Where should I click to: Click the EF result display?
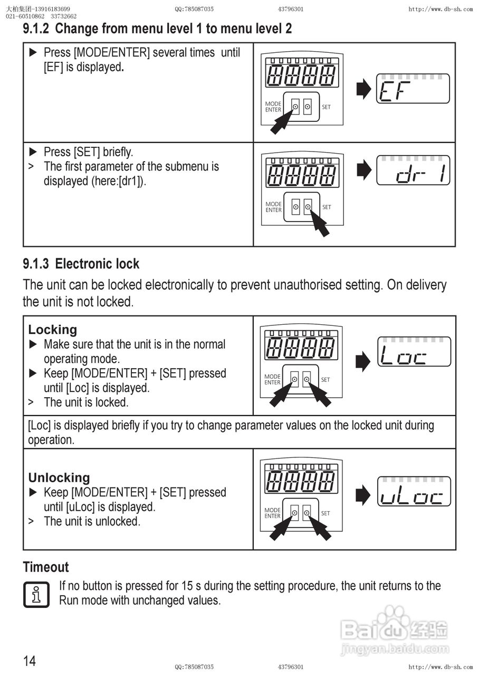(x=413, y=89)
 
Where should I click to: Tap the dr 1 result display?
(x=413, y=170)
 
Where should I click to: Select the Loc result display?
(x=414, y=352)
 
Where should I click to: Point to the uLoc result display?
(x=414, y=492)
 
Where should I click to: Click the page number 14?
(x=30, y=661)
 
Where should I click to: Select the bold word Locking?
(x=52, y=330)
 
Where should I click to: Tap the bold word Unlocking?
(x=59, y=477)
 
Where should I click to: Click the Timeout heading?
(x=46, y=567)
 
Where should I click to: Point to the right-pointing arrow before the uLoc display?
(x=363, y=495)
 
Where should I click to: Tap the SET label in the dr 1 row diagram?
(x=327, y=207)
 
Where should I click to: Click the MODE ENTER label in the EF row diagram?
(x=273, y=107)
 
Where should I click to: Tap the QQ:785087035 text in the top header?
(x=194, y=9)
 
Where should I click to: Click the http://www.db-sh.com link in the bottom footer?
(x=441, y=667)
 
